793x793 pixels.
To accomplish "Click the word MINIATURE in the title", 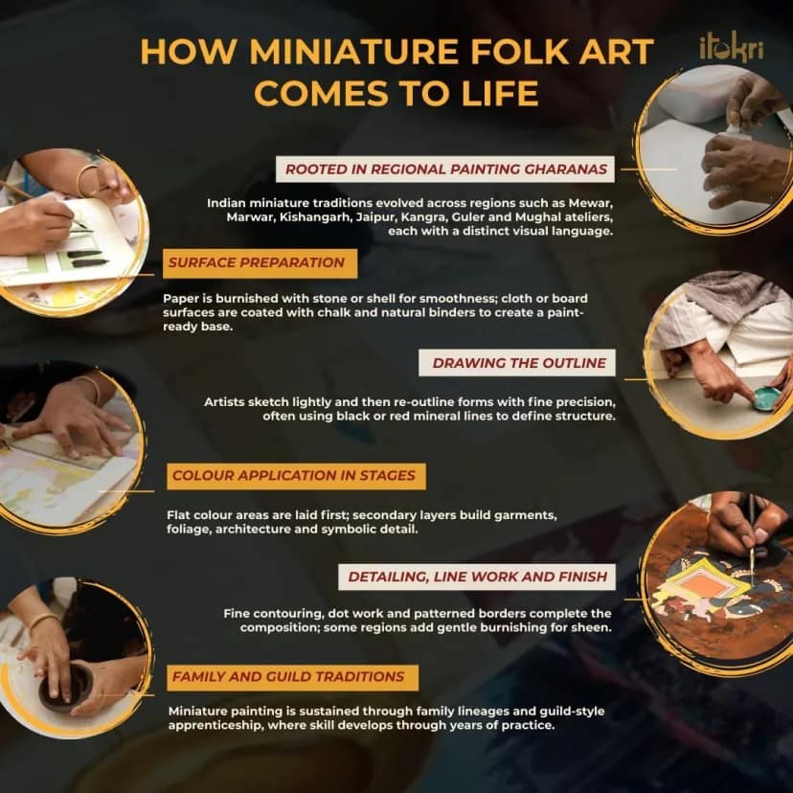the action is coord(353,52).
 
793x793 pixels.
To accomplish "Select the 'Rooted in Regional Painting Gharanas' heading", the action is coord(445,169).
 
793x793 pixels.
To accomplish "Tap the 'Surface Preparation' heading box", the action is coord(260,263).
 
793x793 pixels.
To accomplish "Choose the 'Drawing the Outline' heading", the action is coord(517,363).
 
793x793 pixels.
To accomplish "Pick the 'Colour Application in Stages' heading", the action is coord(296,476).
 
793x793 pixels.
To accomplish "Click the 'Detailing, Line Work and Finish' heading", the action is coord(477,577).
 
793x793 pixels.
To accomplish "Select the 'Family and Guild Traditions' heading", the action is coord(292,677).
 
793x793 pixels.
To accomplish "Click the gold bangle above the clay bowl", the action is coord(43,622).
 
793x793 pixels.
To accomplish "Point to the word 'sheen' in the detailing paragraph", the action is coord(593,627).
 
